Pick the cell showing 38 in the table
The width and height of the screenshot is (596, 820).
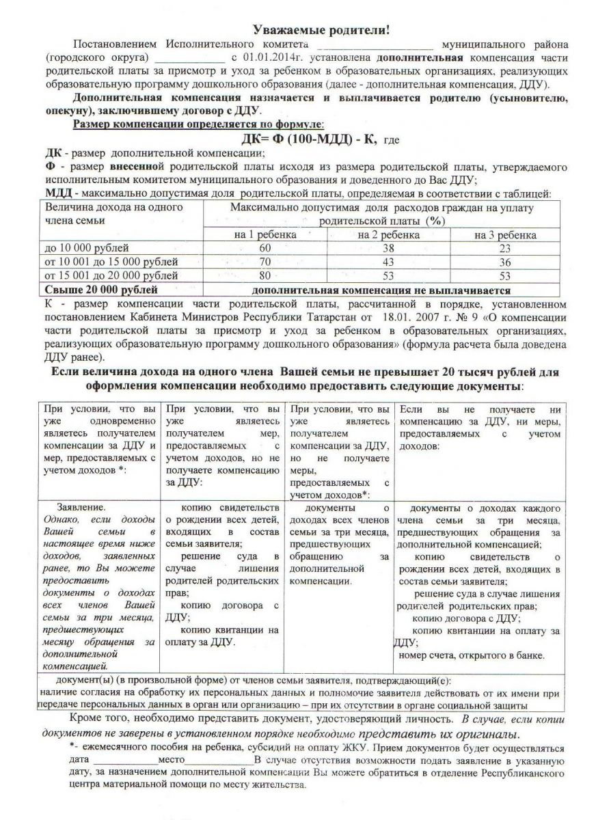[388, 248]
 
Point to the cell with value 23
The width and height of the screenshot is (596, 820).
[504, 248]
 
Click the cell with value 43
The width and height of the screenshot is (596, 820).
[388, 262]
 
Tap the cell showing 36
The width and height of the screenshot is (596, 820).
[504, 262]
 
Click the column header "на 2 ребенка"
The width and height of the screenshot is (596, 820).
[388, 234]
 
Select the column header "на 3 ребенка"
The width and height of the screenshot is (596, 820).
[504, 234]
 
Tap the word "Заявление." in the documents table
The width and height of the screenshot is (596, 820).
[81, 508]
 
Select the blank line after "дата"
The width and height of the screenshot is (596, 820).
[125, 760]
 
